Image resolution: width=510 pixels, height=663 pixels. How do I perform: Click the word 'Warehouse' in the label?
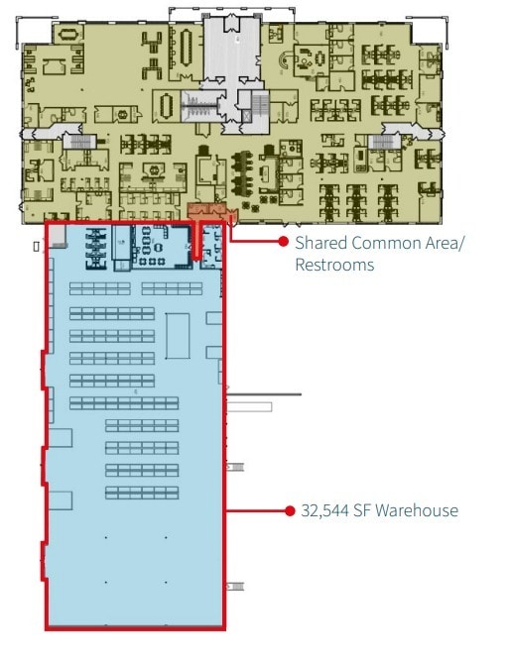[420, 511]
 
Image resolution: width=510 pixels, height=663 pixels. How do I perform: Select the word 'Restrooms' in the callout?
[334, 265]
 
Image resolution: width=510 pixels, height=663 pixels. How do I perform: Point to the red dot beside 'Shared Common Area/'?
[283, 241]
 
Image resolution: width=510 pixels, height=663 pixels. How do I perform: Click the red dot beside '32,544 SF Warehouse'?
[289, 511]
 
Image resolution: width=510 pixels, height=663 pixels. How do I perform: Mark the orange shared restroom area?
[209, 211]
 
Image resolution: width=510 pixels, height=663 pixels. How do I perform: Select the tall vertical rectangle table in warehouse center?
[178, 336]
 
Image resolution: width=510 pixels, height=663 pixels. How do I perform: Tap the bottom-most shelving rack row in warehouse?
[142, 493]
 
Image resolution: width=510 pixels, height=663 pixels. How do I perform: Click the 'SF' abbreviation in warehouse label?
[368, 511]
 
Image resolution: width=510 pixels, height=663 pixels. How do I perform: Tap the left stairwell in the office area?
[78, 143]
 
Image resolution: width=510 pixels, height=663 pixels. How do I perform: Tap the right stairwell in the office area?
[383, 143]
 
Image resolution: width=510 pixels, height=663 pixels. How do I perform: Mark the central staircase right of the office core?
[260, 103]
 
